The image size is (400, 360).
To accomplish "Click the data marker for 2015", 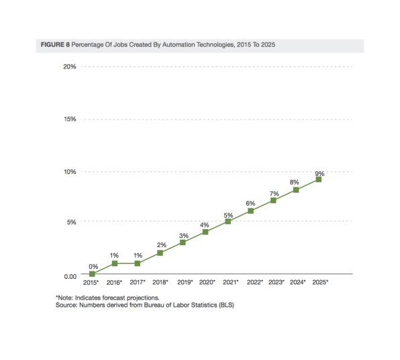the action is [x=92, y=274].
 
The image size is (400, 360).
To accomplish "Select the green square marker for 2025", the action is [x=319, y=179].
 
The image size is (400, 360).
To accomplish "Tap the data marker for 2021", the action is [x=228, y=222].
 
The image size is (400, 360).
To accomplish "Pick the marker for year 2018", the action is [x=160, y=253].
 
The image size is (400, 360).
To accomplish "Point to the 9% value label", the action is [x=319, y=173].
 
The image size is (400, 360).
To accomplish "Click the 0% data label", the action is [x=93, y=267].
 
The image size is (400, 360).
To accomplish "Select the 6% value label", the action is [x=250, y=204].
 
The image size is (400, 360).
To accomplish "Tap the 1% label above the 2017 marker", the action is [x=138, y=255].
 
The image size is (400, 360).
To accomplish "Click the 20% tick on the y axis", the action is [x=70, y=66].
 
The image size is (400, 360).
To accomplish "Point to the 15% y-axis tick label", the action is [x=70, y=119].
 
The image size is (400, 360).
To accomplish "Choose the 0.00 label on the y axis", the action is [x=70, y=277].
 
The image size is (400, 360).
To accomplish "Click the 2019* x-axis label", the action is [x=185, y=282].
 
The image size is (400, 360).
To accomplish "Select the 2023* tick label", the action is [x=277, y=282].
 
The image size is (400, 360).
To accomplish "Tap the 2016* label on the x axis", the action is [x=114, y=282].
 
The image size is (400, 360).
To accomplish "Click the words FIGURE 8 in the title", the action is [x=55, y=45].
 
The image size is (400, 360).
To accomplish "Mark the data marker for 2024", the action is [x=296, y=190].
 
